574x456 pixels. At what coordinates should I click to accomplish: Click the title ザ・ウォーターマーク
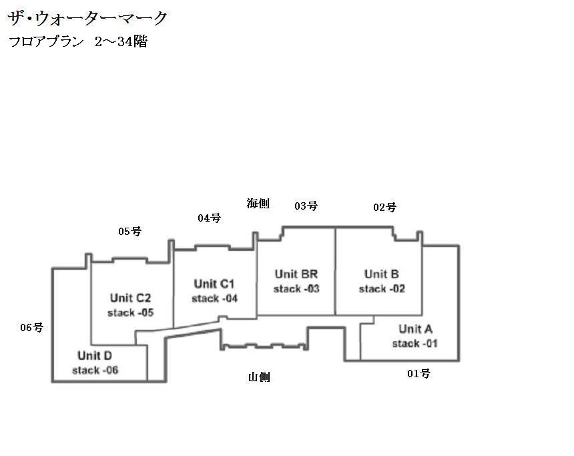pyautogui.click(x=87, y=18)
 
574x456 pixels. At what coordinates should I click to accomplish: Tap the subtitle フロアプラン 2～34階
pyautogui.click(x=78, y=41)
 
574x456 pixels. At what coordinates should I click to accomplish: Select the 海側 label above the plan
pyautogui.click(x=258, y=204)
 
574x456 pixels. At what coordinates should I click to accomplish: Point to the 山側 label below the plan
pyautogui.click(x=259, y=377)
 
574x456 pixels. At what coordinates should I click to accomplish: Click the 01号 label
pyautogui.click(x=418, y=373)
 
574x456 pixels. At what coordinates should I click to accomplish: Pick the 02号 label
pyautogui.click(x=384, y=207)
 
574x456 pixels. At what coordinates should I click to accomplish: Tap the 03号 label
pyautogui.click(x=306, y=206)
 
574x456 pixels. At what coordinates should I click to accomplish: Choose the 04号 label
pyautogui.click(x=209, y=218)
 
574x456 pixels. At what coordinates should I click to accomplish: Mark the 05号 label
pyautogui.click(x=129, y=231)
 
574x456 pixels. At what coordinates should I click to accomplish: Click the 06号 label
pyautogui.click(x=31, y=327)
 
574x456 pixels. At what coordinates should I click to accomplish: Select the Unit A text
pyautogui.click(x=415, y=328)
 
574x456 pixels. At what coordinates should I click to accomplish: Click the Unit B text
pyautogui.click(x=382, y=274)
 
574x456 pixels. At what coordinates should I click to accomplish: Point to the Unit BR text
pyautogui.click(x=296, y=274)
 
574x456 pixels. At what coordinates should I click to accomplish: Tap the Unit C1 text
pyautogui.click(x=214, y=283)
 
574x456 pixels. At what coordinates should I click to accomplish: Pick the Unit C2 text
pyautogui.click(x=131, y=298)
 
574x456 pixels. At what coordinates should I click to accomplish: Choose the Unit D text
pyautogui.click(x=95, y=355)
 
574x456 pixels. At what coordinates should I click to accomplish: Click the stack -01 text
pyautogui.click(x=415, y=344)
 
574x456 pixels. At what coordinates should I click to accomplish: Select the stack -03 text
pyautogui.click(x=296, y=289)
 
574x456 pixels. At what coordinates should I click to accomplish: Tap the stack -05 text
pyautogui.click(x=131, y=313)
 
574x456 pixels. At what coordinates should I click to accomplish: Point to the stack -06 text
pyautogui.click(x=95, y=371)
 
